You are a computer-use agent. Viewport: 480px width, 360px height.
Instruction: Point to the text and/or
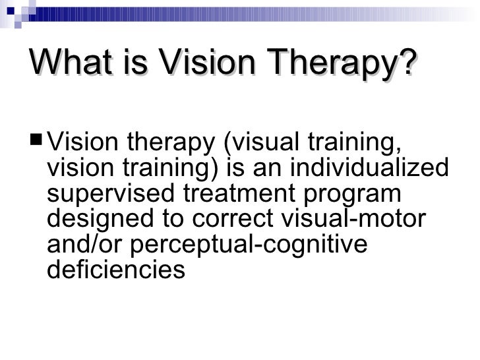pos(86,245)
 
